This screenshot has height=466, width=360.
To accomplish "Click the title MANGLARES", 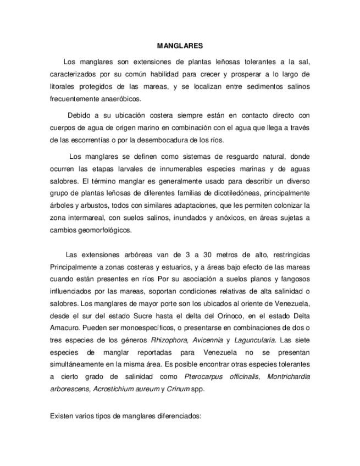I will coord(180,47).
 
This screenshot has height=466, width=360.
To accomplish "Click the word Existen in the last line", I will coord(62,417).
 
